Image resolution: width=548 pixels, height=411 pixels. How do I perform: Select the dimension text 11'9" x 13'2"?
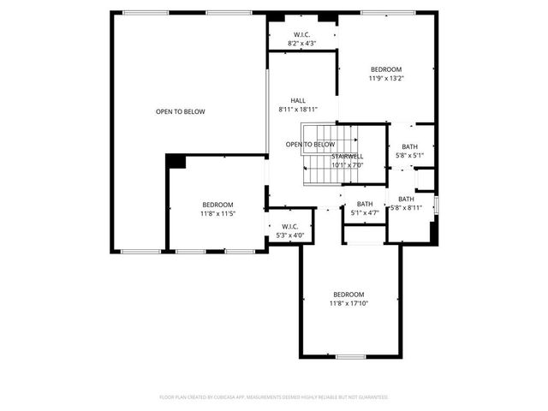tap(385, 78)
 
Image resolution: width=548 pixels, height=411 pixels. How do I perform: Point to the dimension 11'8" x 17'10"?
tap(348, 302)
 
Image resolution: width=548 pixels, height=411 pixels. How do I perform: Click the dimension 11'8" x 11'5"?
tap(217, 213)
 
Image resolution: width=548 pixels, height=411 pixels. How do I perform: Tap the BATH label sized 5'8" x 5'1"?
tap(409, 156)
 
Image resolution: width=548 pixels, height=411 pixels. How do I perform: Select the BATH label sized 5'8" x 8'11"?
tap(406, 207)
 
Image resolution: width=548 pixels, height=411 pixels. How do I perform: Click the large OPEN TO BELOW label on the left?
tap(180, 111)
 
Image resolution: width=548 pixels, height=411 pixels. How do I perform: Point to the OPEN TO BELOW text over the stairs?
tap(310, 145)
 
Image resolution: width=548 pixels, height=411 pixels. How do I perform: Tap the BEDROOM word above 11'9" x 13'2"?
tap(385, 69)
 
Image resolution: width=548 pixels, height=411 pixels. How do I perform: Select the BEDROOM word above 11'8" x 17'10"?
tap(348, 294)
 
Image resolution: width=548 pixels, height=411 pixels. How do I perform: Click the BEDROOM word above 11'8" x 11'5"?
tap(217, 204)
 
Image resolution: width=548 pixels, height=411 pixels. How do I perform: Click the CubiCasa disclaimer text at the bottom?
tap(274, 397)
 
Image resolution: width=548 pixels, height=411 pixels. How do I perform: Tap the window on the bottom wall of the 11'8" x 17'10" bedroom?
tap(350, 356)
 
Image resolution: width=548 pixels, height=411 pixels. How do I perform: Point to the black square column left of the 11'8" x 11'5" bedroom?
tap(176, 161)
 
